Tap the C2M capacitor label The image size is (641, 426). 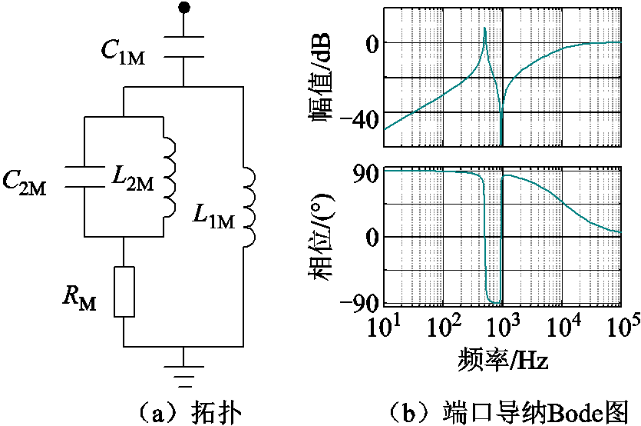click(25, 183)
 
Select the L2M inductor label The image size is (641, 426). click(133, 179)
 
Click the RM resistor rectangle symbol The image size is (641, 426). click(124, 291)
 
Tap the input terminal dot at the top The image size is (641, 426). click(183, 7)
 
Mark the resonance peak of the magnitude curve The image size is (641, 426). click(485, 28)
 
